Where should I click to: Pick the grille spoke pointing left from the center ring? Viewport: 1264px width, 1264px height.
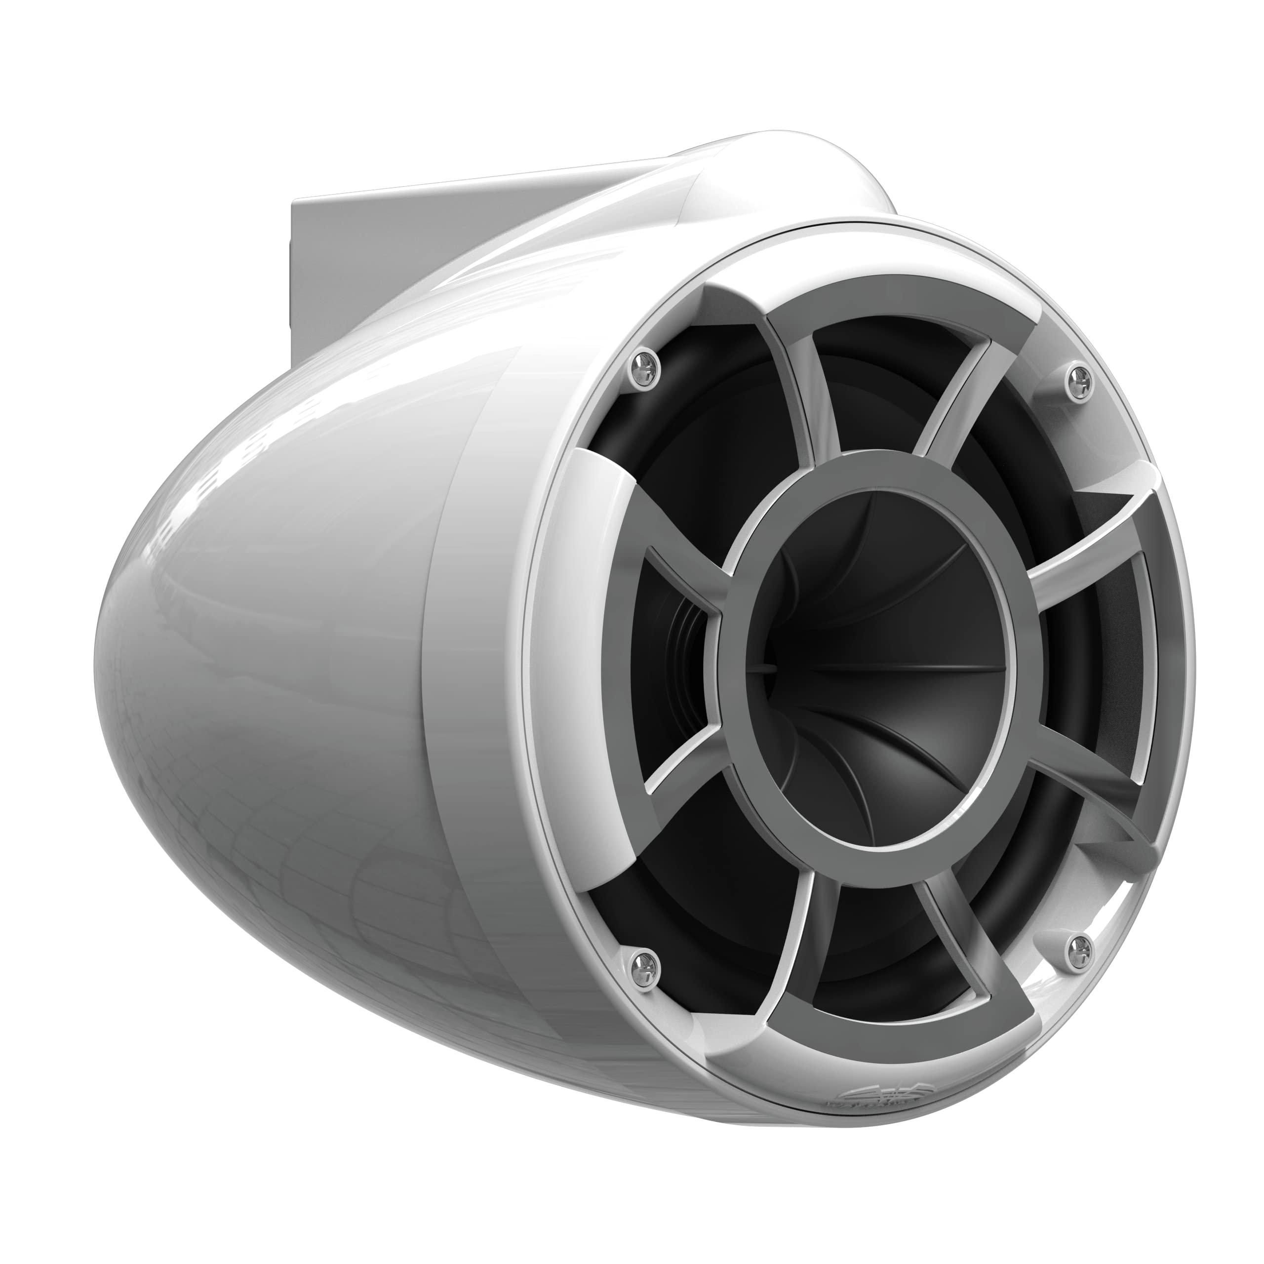click(x=680, y=589)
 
